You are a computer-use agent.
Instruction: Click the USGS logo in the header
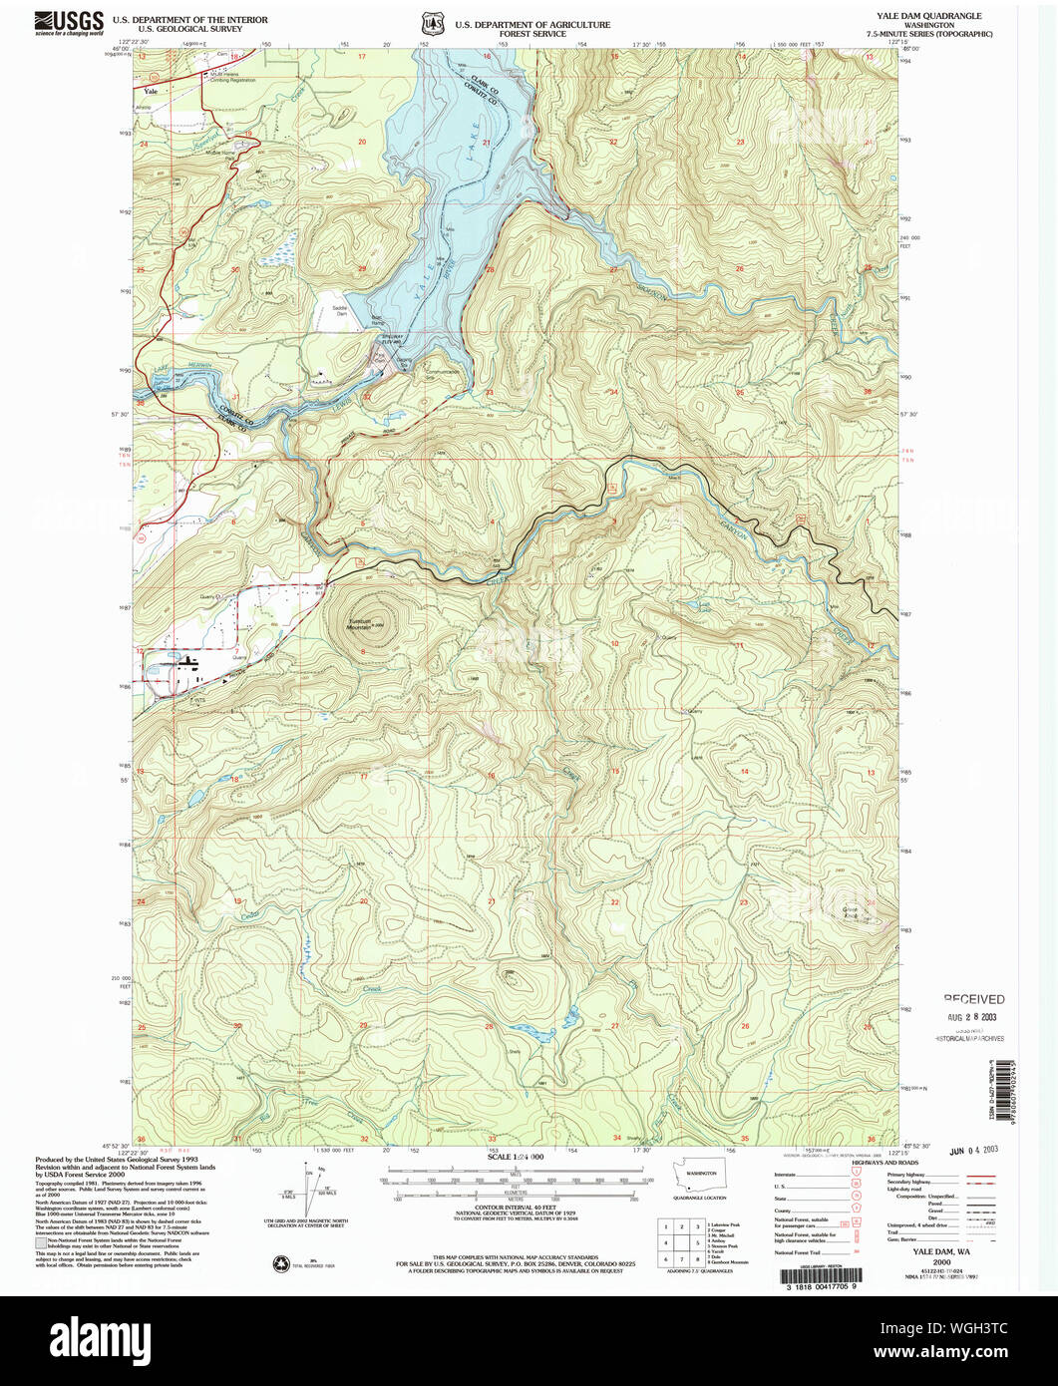69,22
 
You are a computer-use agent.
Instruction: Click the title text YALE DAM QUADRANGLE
923,16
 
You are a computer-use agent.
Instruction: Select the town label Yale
151,90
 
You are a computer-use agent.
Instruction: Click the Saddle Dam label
340,311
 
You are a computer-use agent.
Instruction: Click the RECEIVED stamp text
974,998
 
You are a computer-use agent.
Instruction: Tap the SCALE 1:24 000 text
516,1157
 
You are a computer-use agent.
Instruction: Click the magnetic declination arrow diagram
307,1187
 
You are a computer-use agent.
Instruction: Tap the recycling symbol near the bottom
280,1264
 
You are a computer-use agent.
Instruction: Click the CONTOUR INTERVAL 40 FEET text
516,1209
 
